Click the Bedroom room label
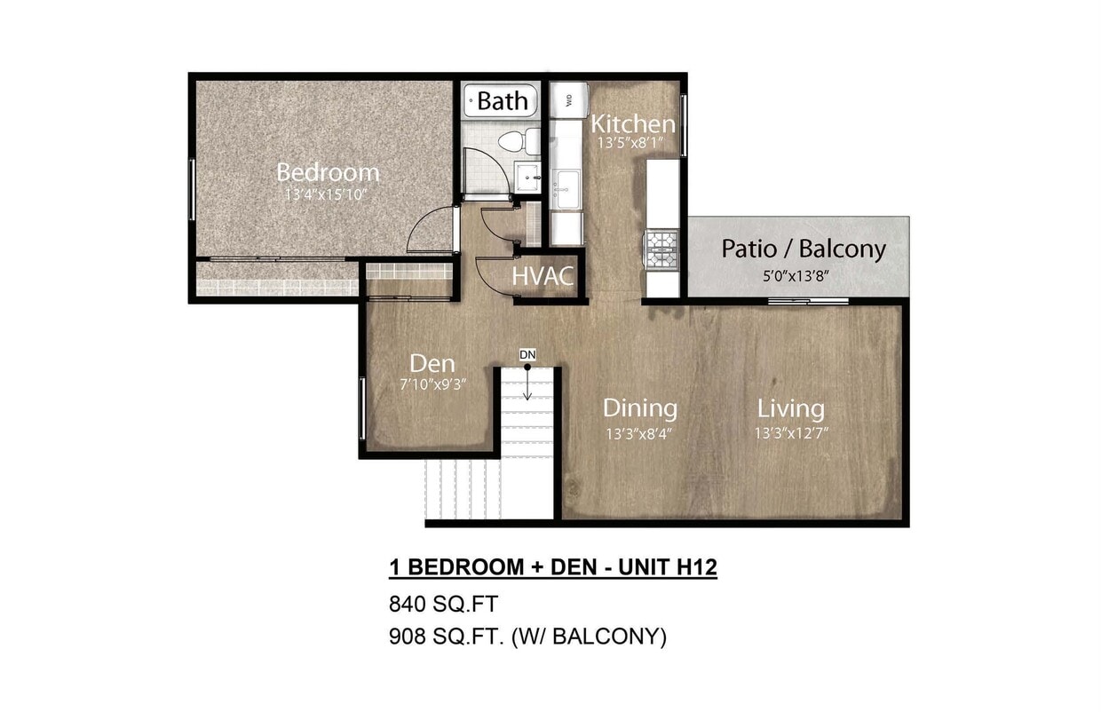tap(328, 171)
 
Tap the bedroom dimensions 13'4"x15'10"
tap(326, 194)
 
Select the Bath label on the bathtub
tap(502, 100)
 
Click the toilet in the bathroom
tap(519, 140)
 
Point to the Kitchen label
tap(633, 123)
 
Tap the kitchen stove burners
tap(662, 249)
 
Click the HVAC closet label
tap(543, 276)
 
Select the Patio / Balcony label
tap(803, 249)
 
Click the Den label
tap(432, 363)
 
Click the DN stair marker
tap(527, 355)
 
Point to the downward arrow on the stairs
tap(527, 389)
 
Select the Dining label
tap(640, 408)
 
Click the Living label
tap(790, 408)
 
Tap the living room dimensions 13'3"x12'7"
tap(790, 433)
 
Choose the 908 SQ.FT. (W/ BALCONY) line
tap(527, 636)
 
